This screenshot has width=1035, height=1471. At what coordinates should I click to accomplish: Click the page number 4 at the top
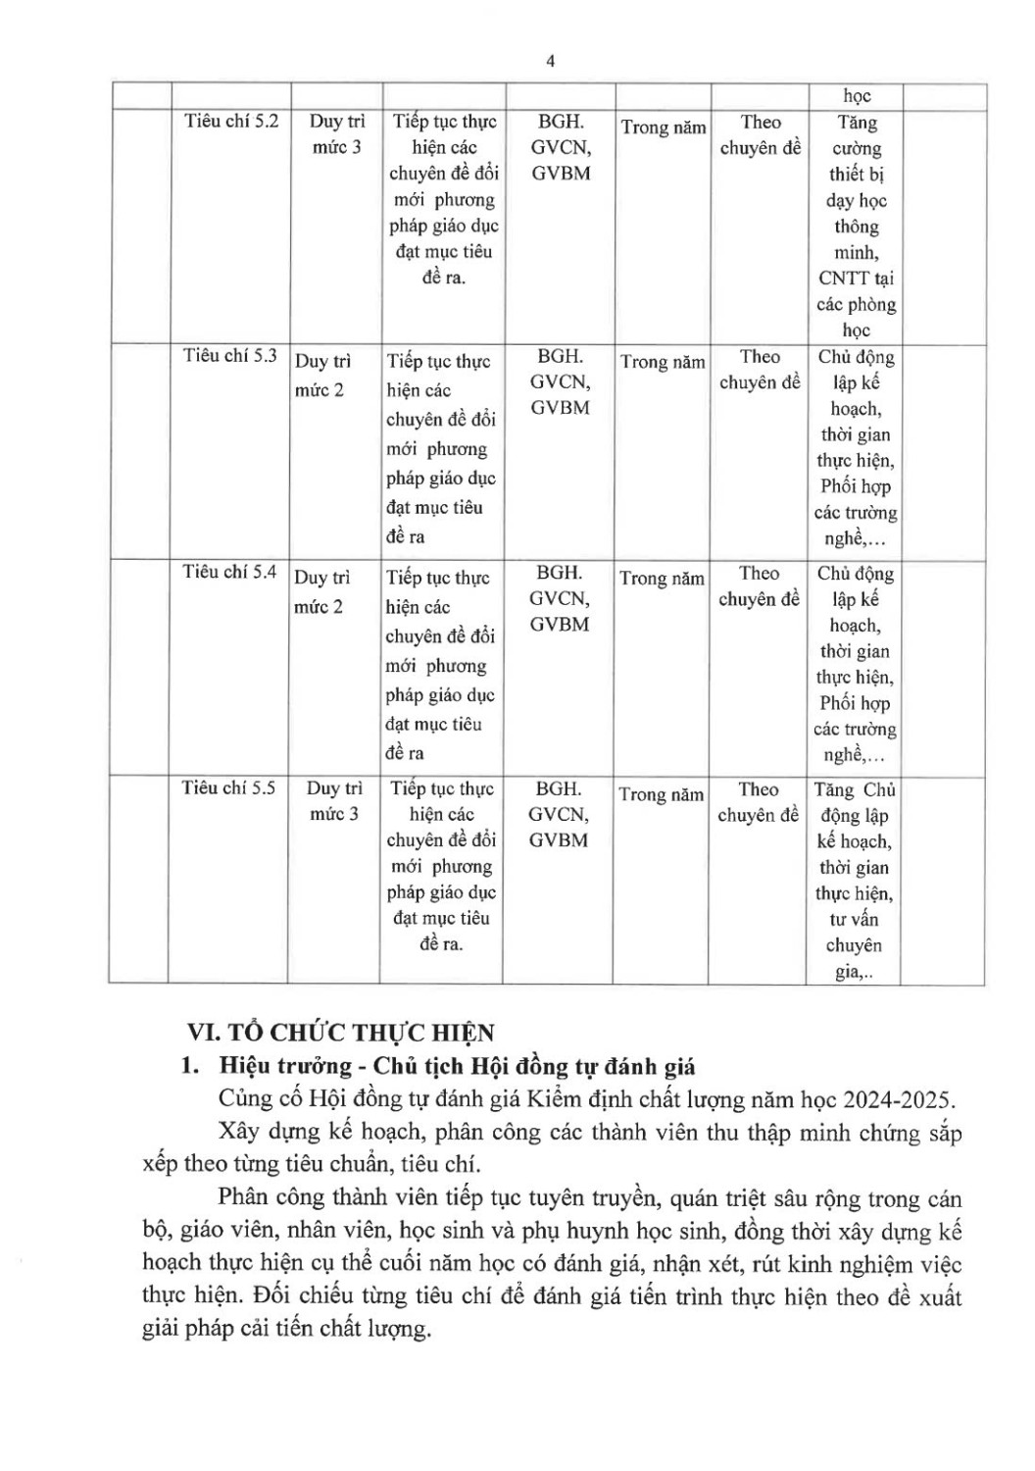tap(550, 61)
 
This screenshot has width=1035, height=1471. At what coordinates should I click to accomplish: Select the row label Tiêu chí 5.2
tap(231, 121)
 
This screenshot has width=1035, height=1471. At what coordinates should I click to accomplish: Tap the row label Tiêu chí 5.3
tap(230, 356)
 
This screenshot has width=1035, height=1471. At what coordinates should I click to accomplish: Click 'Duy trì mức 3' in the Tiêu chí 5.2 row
tap(336, 134)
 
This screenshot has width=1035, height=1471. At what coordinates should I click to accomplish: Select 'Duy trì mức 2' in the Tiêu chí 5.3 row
tap(322, 376)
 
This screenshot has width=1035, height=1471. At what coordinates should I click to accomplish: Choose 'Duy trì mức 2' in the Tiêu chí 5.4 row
tap(321, 592)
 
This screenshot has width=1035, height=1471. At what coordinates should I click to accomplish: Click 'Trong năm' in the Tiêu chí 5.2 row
tap(664, 127)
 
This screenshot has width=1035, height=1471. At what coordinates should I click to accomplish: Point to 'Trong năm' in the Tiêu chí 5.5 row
tap(662, 795)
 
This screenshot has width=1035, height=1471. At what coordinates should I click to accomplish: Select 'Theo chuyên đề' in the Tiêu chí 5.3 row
tap(760, 370)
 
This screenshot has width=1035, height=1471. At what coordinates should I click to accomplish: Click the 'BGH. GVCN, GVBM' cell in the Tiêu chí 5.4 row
tap(559, 598)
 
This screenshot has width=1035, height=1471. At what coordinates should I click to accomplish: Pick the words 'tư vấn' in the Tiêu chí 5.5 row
tap(854, 920)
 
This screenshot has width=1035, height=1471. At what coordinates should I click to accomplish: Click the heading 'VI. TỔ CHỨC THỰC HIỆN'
tap(341, 1032)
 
